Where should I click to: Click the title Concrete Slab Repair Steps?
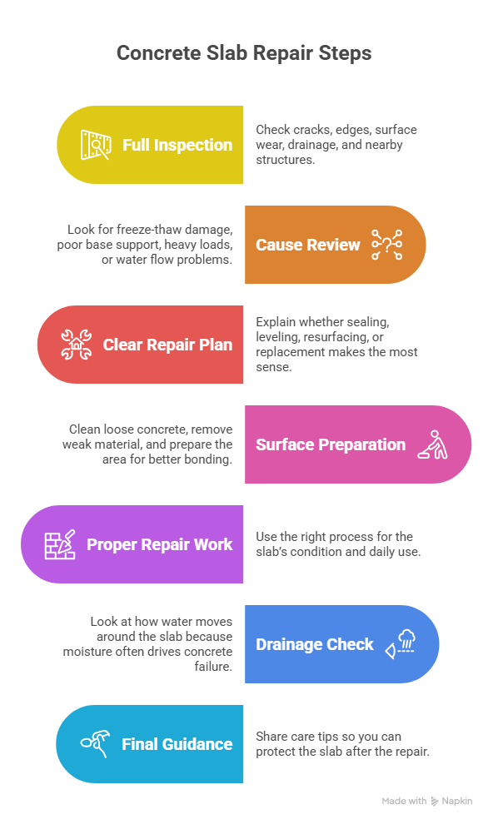(x=244, y=53)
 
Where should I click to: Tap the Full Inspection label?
(x=177, y=145)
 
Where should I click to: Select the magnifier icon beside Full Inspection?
(x=96, y=145)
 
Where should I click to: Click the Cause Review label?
(x=307, y=245)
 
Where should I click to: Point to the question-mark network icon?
(x=387, y=245)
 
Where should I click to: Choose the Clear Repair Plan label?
(x=167, y=345)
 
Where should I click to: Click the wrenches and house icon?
(x=77, y=345)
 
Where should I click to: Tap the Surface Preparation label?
(x=331, y=444)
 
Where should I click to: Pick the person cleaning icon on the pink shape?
(x=432, y=444)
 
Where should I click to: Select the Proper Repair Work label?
(x=159, y=544)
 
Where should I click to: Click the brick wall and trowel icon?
(x=60, y=544)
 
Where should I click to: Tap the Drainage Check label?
(x=314, y=644)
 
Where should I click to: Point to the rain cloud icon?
(x=401, y=644)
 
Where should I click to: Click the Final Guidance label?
(x=177, y=744)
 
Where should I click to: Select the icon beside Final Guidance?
(x=96, y=743)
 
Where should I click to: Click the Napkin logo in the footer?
(x=451, y=801)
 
